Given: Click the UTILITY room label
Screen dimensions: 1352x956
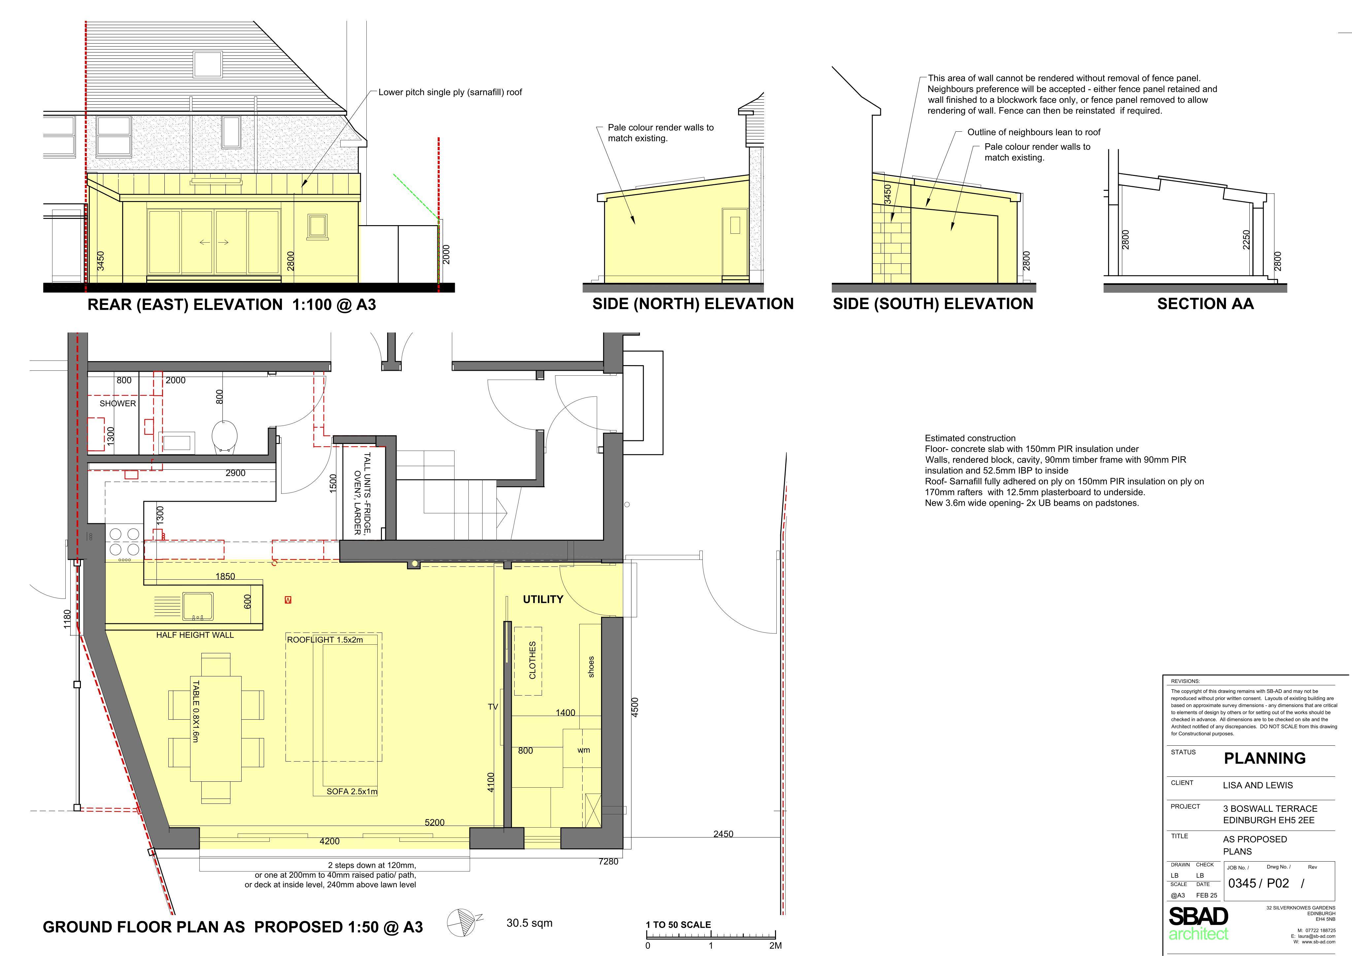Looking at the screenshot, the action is [543, 599].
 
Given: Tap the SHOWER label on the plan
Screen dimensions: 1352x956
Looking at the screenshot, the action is [118, 403].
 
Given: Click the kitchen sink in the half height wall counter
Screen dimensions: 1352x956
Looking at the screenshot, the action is [198, 607].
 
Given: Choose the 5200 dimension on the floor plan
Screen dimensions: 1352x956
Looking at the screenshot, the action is [435, 822].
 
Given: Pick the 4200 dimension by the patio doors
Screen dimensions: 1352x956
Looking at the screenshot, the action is [330, 841].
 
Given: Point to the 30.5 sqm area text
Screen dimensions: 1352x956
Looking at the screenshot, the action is [529, 923].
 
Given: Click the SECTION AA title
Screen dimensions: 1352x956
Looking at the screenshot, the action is [1205, 304].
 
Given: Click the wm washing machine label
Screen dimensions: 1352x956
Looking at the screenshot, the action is [584, 750].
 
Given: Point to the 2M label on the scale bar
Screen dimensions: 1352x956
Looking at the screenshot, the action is [775, 945].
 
